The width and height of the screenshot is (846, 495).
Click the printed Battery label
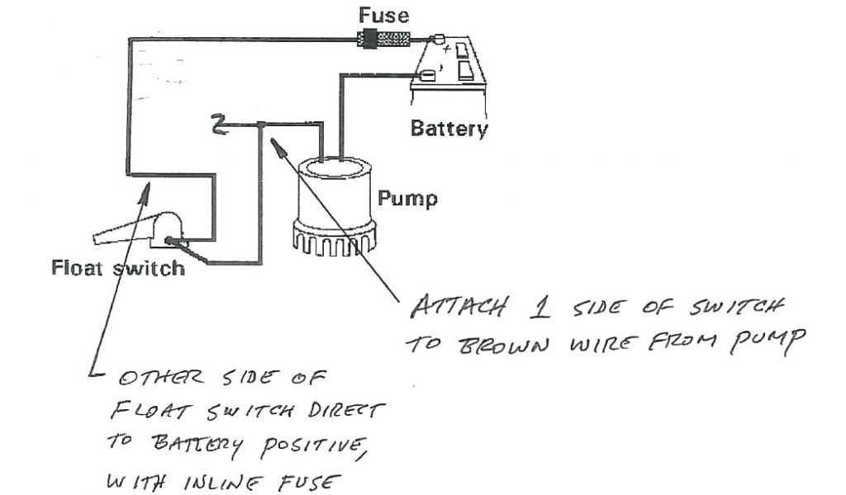click(x=449, y=129)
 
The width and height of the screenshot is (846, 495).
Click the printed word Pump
click(x=407, y=199)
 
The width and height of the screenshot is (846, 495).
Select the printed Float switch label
click(x=118, y=268)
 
